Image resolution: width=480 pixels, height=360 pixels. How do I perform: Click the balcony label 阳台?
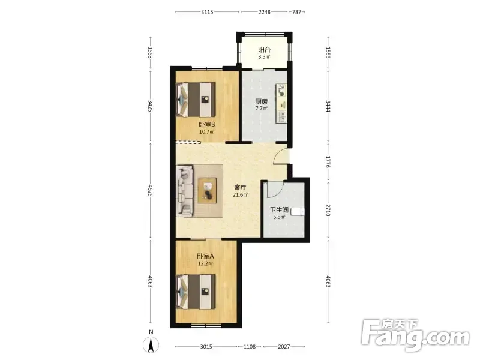point(264,50)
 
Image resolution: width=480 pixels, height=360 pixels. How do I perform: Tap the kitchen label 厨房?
point(262,101)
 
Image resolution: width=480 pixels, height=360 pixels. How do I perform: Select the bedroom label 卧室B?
point(207,125)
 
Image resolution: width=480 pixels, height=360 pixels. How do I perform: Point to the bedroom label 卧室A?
point(205,256)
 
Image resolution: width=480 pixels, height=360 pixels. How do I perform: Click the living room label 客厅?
point(240,187)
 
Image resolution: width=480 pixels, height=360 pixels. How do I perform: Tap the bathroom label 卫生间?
point(279,210)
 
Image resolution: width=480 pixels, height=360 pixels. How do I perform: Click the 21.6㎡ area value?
point(241,194)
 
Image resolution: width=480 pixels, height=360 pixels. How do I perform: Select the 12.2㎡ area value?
point(205,263)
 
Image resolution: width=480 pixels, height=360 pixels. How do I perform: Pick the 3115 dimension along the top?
point(207,12)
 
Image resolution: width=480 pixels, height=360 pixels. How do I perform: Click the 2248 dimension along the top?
point(264,12)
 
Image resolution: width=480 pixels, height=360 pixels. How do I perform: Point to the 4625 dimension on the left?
point(150,190)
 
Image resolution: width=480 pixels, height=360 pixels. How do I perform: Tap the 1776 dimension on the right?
point(328,162)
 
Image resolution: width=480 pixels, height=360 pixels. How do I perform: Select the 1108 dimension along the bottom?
point(250,347)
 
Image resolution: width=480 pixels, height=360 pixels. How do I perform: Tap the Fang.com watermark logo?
point(415,335)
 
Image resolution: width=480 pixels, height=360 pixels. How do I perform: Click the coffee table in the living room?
point(207,190)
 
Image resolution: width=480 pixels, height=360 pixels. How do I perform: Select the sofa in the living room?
point(185,191)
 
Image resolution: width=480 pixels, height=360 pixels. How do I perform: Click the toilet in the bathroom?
point(298,212)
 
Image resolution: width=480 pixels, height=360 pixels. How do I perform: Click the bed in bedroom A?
point(196,292)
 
